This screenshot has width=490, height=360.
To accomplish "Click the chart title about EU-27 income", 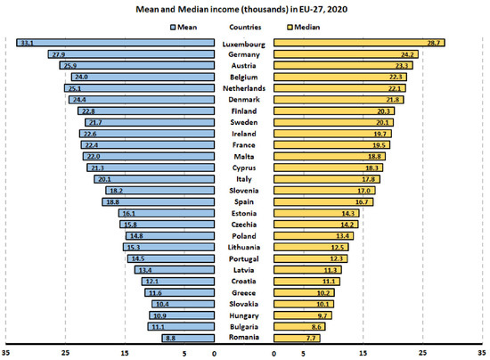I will click(x=245, y=9).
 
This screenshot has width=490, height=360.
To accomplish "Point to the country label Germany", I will click(x=244, y=54).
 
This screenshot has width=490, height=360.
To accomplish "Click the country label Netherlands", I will click(x=244, y=88).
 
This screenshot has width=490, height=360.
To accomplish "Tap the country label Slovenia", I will click(x=244, y=191).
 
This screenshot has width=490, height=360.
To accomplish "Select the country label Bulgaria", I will click(x=244, y=327).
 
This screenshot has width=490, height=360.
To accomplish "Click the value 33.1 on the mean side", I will click(x=26, y=43).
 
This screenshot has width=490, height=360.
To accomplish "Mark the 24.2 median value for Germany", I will click(x=408, y=54).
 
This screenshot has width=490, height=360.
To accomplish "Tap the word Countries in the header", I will click(x=242, y=28).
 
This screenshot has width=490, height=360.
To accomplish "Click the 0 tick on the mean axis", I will click(x=214, y=352).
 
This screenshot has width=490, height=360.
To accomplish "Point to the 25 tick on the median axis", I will click(x=423, y=352).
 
